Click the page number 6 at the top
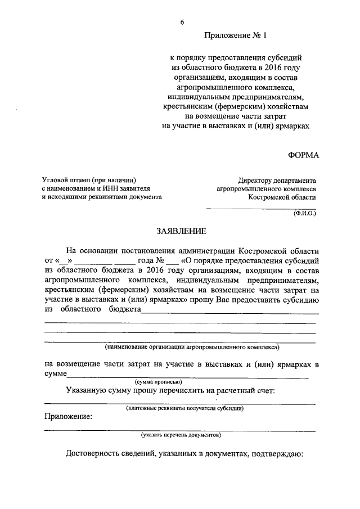pyautogui.click(x=182, y=21)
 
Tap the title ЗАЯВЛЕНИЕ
pyautogui.click(x=180, y=231)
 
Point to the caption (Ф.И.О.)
pyautogui.click(x=304, y=214)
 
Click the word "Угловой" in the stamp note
pyautogui.click(x=57, y=179)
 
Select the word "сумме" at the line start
pyautogui.click(x=56, y=373)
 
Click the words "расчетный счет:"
pyautogui.click(x=246, y=390)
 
